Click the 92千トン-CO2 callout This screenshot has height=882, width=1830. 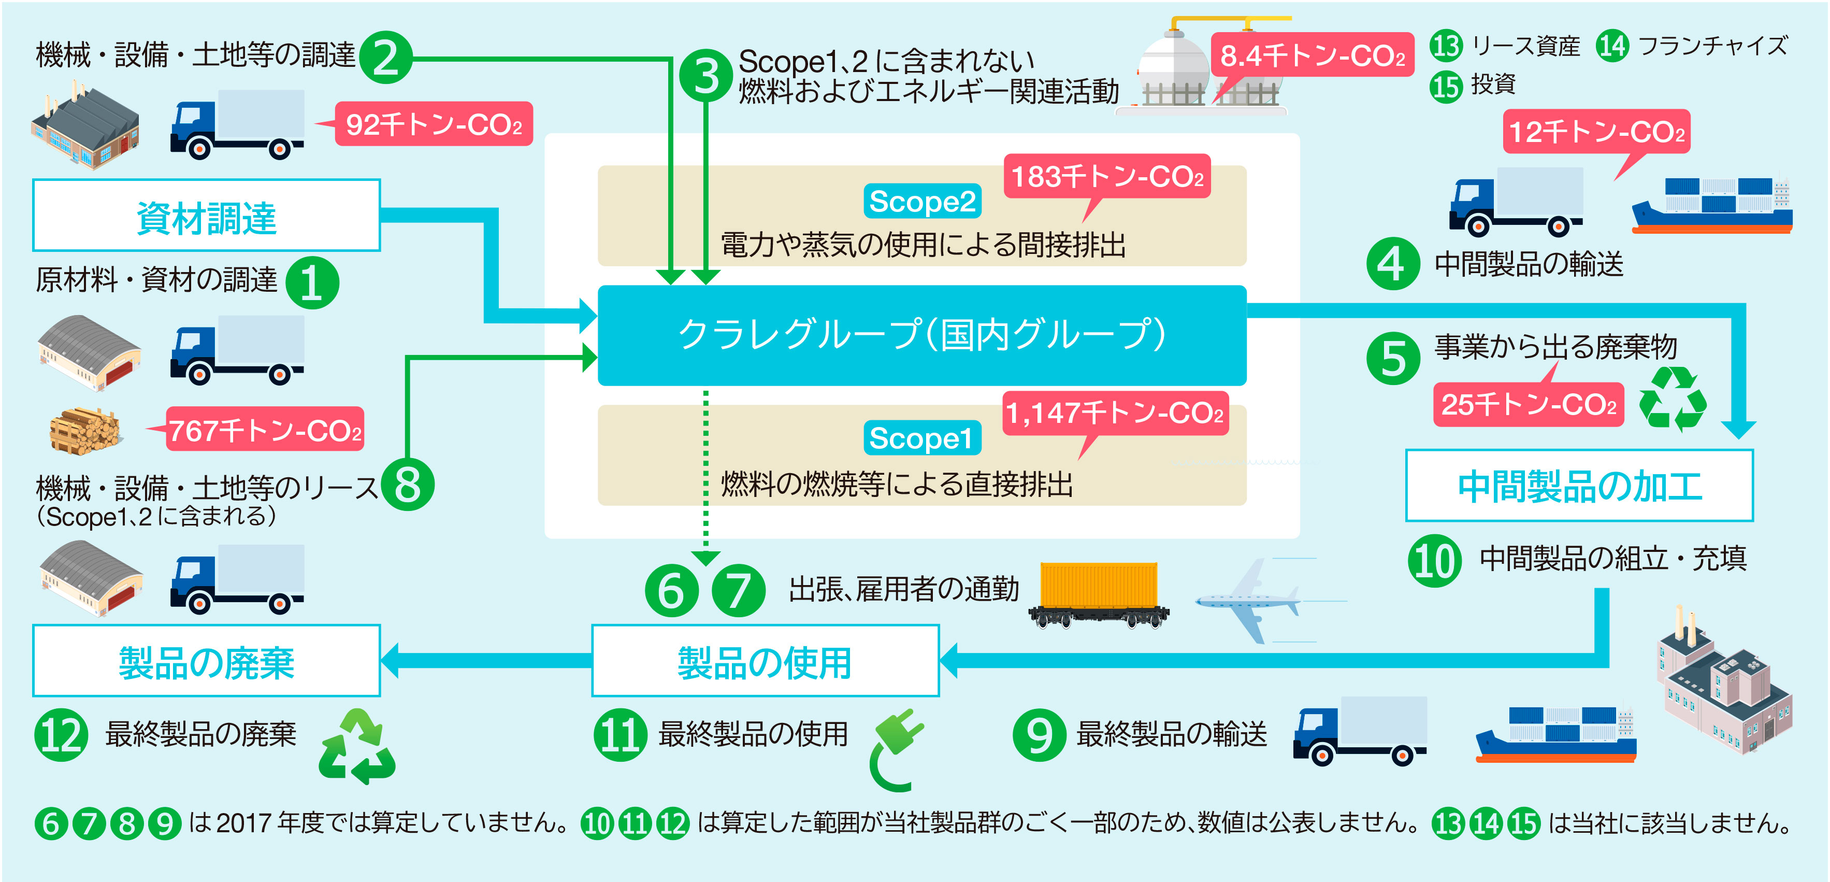coord(434,124)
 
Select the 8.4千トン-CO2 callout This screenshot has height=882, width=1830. coord(1312,55)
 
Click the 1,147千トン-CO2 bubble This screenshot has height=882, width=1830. coord(1115,413)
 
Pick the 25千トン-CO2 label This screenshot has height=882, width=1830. coord(1528,403)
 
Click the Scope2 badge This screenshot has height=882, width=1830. coord(922,201)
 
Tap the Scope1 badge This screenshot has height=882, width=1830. coord(922,438)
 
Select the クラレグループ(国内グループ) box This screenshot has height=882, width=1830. coord(921,335)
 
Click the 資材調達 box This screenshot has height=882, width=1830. coord(206,216)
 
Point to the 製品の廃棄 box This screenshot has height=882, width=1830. coord(206,661)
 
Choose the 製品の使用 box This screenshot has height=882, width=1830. coord(765,661)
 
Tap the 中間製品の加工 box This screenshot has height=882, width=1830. coord(1579,486)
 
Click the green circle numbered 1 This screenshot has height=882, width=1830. coord(312,282)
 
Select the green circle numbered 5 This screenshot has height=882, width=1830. coord(1392,358)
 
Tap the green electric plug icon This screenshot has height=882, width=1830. coord(897,750)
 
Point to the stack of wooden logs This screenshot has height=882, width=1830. coord(84,430)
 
